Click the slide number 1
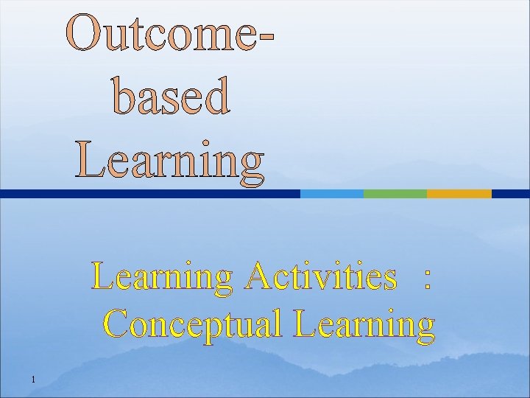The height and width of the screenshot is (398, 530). [x=34, y=380]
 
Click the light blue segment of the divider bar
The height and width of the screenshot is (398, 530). [x=331, y=194]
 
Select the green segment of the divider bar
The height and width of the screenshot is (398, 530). [x=395, y=194]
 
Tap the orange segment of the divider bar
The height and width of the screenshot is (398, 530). [x=459, y=194]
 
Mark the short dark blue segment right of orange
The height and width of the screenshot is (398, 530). [x=510, y=194]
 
